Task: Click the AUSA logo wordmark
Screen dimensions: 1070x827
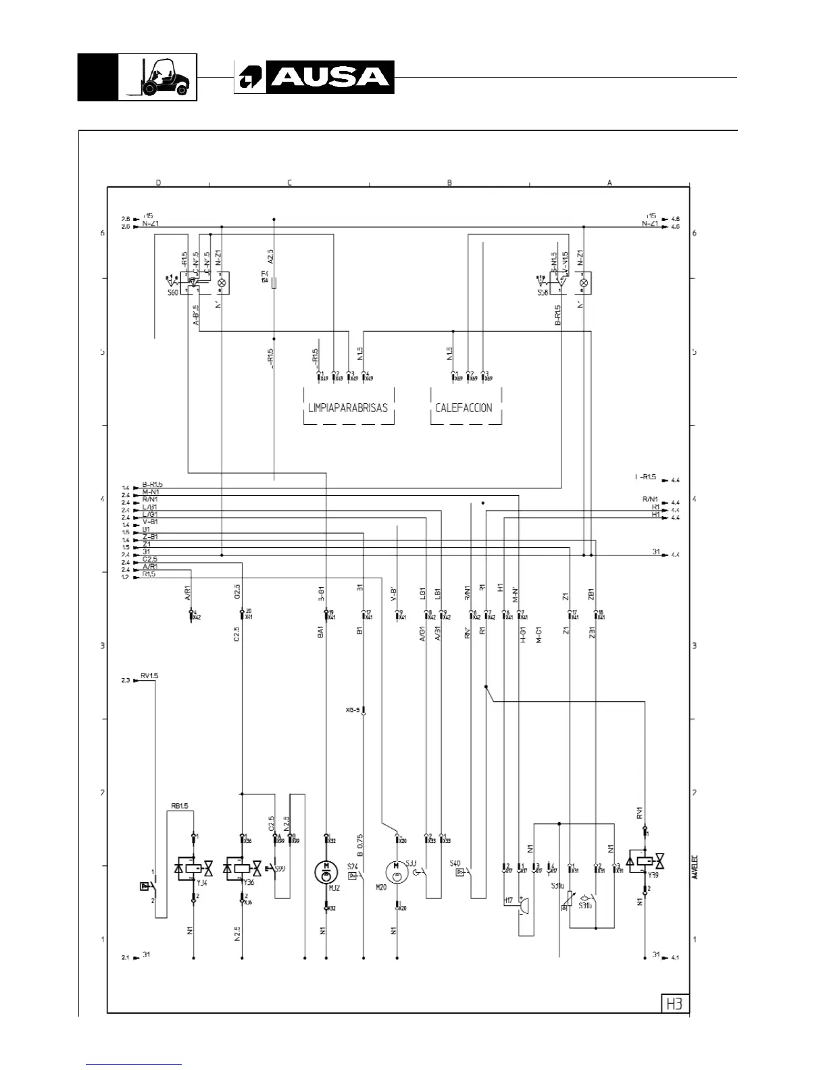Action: click(330, 77)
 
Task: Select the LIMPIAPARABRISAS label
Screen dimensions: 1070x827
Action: click(348, 408)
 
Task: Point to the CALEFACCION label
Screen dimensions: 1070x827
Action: click(463, 408)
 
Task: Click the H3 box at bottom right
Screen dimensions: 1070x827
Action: click(674, 1003)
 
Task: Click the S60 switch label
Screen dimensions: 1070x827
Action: click(173, 293)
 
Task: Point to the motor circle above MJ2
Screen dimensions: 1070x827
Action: click(326, 870)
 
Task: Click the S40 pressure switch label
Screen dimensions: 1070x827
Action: click(455, 863)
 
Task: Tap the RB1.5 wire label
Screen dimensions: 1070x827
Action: click(179, 806)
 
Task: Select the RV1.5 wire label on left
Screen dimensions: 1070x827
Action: click(149, 676)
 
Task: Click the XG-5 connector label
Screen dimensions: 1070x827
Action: click(353, 710)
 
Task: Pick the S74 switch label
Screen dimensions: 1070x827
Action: click(352, 866)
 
